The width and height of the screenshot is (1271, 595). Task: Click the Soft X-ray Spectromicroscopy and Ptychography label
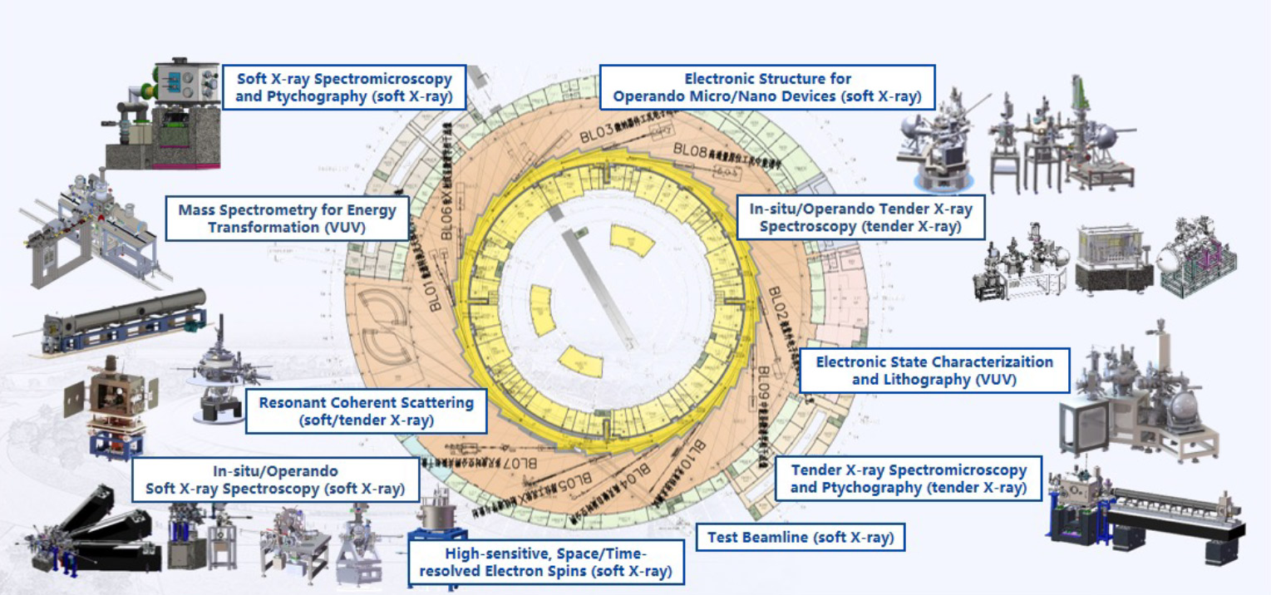coord(344,87)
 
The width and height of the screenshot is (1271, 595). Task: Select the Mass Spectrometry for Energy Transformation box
coord(288,219)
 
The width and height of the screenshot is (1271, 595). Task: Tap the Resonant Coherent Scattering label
coord(366,411)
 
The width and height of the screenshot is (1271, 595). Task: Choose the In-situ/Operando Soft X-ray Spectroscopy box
coord(275,480)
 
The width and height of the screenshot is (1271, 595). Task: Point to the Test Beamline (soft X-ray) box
coord(800,538)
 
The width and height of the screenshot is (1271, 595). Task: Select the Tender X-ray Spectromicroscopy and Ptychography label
coord(908,479)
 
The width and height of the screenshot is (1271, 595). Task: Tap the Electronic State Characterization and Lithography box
coord(934,371)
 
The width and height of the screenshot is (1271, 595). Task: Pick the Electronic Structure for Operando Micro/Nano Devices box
coord(767,87)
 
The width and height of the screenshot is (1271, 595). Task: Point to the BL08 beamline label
coord(689,150)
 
